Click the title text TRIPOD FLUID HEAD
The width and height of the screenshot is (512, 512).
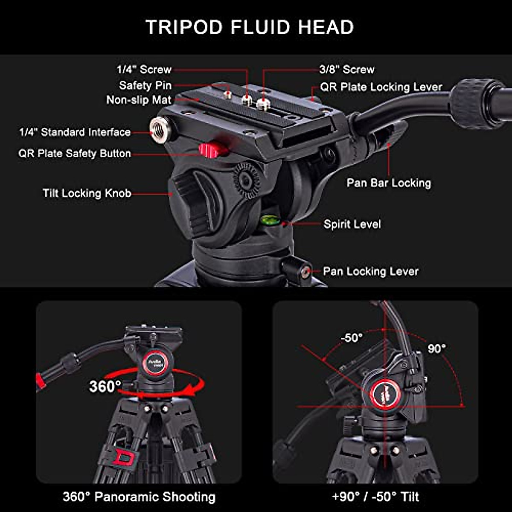click(x=250, y=27)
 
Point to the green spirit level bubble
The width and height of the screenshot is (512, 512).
click(x=269, y=220)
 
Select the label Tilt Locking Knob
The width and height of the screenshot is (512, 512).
click(x=87, y=193)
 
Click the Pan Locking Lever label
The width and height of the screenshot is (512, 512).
click(x=370, y=271)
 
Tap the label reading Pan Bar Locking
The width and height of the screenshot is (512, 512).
click(x=389, y=183)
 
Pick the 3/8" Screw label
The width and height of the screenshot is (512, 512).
click(x=346, y=70)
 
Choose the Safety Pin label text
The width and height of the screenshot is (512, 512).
click(x=145, y=85)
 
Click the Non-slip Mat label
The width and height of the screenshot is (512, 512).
click(x=139, y=100)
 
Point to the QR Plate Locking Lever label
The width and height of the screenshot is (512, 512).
click(x=381, y=87)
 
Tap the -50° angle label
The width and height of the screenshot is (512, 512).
click(x=352, y=337)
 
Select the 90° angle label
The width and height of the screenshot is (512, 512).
click(x=436, y=349)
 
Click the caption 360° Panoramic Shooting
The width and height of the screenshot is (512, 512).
click(x=139, y=497)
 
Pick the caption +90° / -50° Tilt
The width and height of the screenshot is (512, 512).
click(x=375, y=497)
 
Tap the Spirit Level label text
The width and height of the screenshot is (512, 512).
click(x=352, y=224)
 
